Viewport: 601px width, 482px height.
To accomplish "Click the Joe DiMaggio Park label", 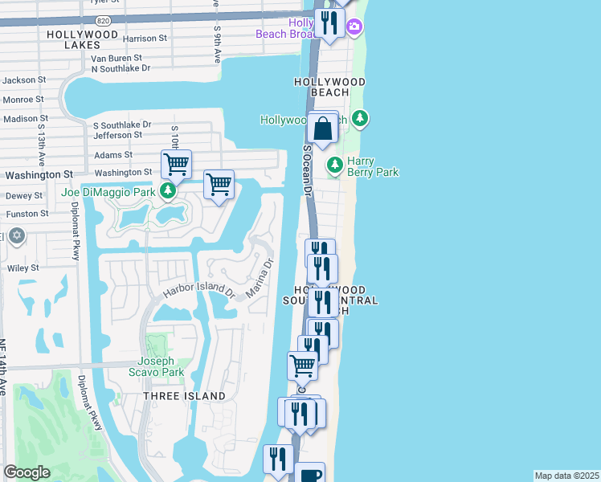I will [108, 193].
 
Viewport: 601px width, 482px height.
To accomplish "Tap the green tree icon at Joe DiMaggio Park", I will [168, 191].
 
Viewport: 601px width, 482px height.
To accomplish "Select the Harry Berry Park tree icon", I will [335, 165].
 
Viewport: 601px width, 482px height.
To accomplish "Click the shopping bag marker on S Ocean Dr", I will [322, 129].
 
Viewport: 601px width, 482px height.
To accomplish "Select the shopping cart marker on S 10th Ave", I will [176, 165].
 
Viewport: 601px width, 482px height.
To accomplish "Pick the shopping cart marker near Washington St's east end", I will [219, 185].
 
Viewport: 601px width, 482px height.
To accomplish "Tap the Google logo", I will [27, 472].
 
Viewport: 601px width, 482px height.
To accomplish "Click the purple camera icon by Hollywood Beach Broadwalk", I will [354, 28].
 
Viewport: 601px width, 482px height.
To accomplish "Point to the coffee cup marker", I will [309, 474].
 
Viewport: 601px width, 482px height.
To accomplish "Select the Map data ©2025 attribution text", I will [566, 476].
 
